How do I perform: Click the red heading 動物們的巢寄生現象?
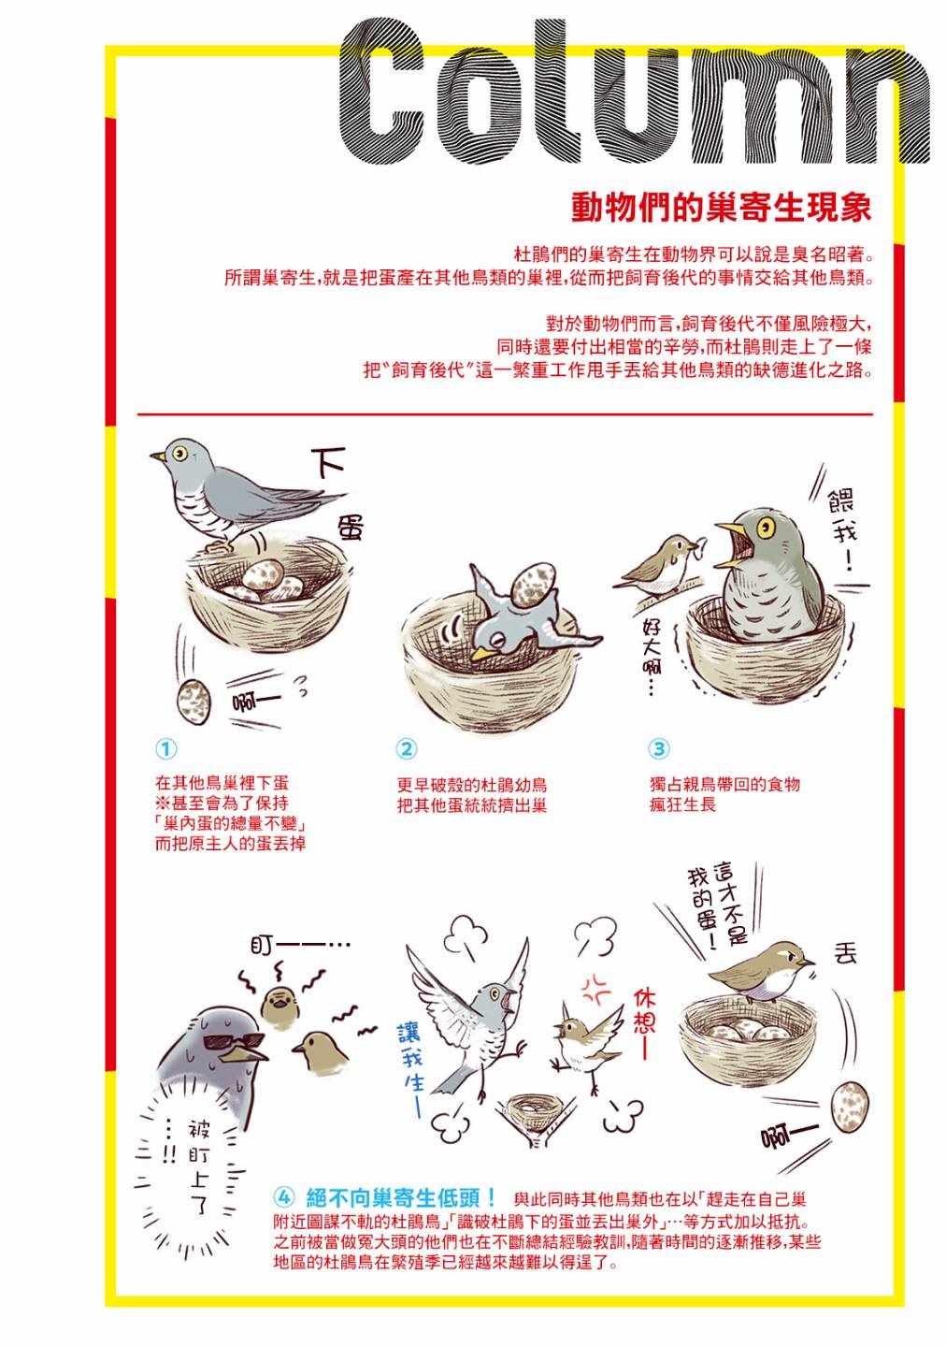[x=721, y=208]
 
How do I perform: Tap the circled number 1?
[x=166, y=748]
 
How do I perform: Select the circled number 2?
[x=407, y=748]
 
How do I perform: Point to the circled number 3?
[x=659, y=748]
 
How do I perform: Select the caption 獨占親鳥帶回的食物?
[x=724, y=784]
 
